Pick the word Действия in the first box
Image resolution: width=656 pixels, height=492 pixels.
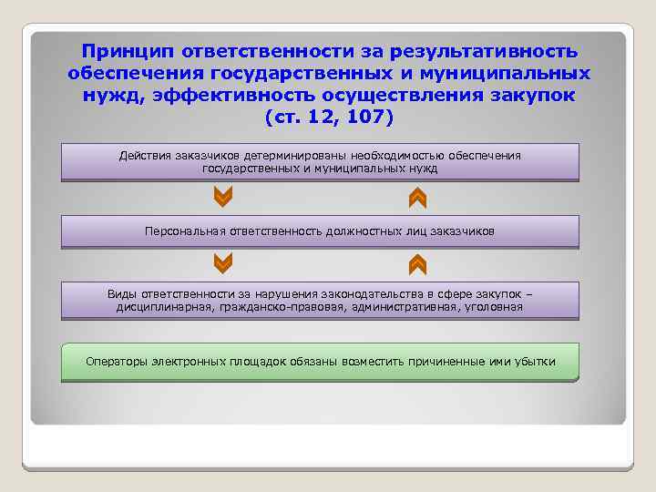[x=144, y=156]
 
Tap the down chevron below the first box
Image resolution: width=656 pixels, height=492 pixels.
[x=222, y=197]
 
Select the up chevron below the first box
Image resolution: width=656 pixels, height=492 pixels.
[x=417, y=197]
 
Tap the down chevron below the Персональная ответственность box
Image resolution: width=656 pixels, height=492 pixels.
[x=222, y=264]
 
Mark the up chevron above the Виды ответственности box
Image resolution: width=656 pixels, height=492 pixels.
[x=417, y=264]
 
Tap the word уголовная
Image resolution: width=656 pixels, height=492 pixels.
[x=496, y=307]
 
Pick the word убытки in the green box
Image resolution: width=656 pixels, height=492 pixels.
[x=535, y=361]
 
